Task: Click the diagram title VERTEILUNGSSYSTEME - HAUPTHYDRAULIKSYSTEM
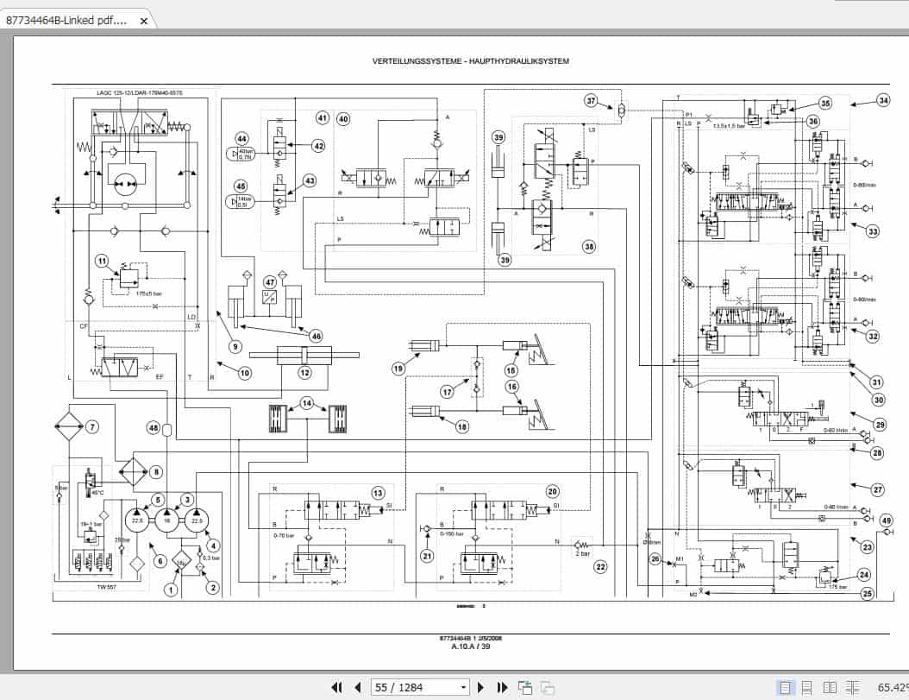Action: coord(470,61)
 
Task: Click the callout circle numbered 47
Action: coord(271,282)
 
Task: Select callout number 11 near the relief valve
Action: coord(102,261)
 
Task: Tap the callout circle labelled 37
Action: coord(591,100)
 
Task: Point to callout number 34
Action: coord(882,100)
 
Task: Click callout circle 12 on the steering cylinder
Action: coord(304,373)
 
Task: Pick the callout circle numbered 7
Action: coord(92,426)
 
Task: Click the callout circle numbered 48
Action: coord(154,427)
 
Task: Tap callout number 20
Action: coord(553,491)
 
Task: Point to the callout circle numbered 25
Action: coord(867,593)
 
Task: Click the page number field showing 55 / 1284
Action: coord(420,687)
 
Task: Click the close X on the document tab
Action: coord(143,19)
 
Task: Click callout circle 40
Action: coord(343,119)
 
